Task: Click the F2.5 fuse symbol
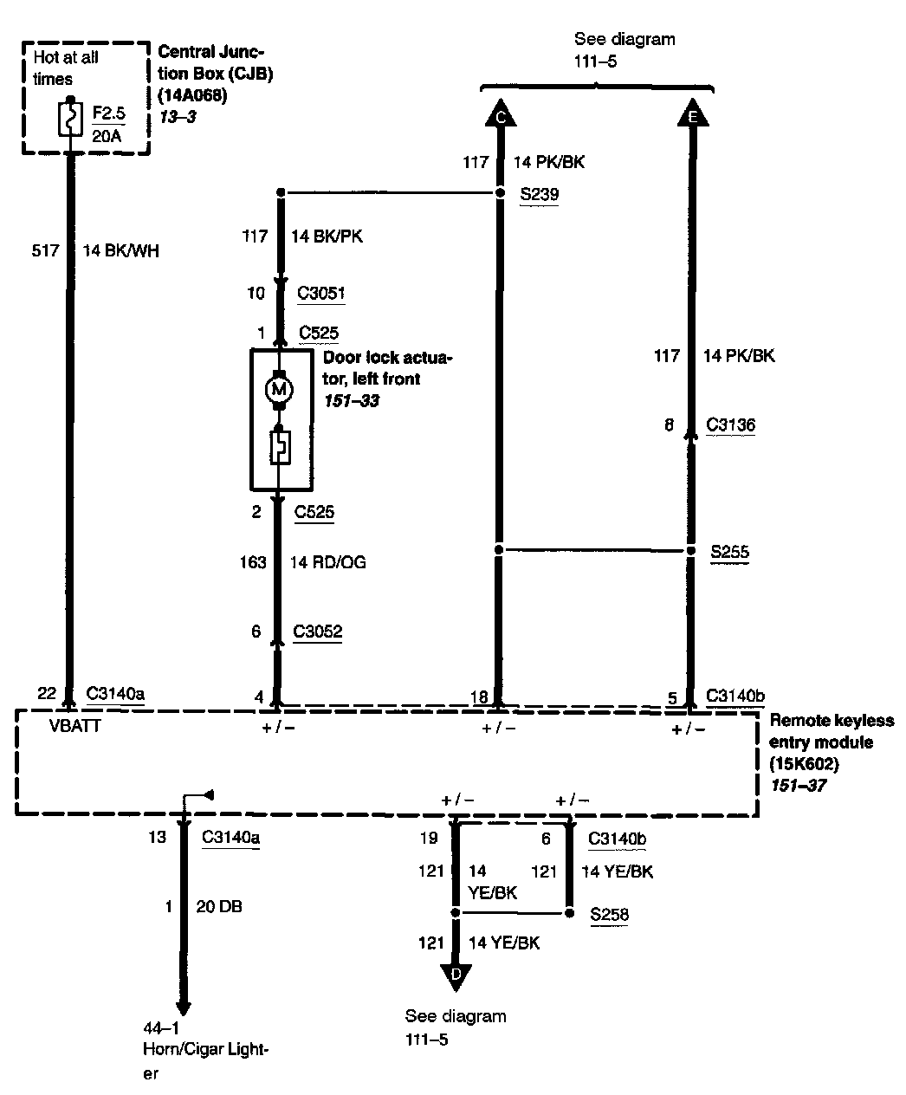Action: click(x=67, y=120)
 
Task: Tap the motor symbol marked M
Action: click(x=279, y=389)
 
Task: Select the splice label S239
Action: click(x=539, y=195)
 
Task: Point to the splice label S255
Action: click(x=729, y=552)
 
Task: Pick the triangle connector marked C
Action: click(x=499, y=113)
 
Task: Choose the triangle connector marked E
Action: click(x=691, y=113)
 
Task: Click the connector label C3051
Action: click(x=320, y=293)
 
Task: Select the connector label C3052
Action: click(x=317, y=632)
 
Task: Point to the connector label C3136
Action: click(x=730, y=425)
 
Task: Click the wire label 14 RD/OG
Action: click(x=327, y=562)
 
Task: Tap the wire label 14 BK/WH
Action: click(x=121, y=251)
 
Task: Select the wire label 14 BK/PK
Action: click(x=327, y=236)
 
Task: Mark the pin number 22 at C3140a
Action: click(x=47, y=693)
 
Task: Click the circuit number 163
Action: click(x=253, y=562)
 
